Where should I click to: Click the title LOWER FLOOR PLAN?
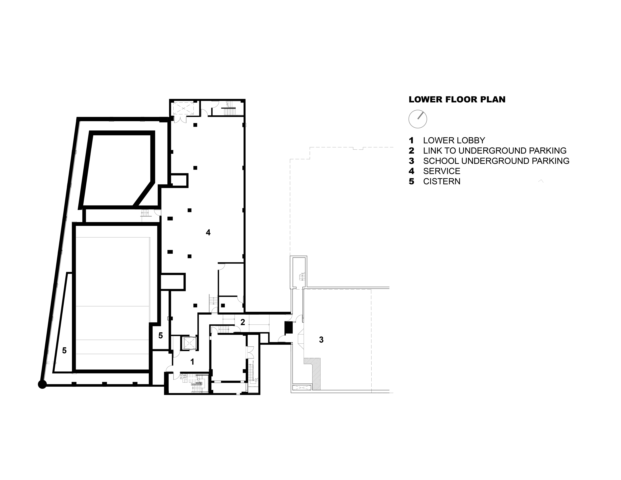tap(457, 99)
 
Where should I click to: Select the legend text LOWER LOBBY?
tap(454, 141)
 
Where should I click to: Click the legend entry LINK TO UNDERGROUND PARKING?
tap(495, 151)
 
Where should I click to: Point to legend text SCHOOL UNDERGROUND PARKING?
tap(496, 161)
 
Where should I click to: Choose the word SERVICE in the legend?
tap(442, 171)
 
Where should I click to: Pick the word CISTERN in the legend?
tap(442, 181)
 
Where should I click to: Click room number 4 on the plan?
tap(208, 233)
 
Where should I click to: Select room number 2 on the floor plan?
tap(243, 322)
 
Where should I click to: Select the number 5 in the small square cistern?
tap(161, 336)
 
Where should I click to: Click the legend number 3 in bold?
tap(411, 161)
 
